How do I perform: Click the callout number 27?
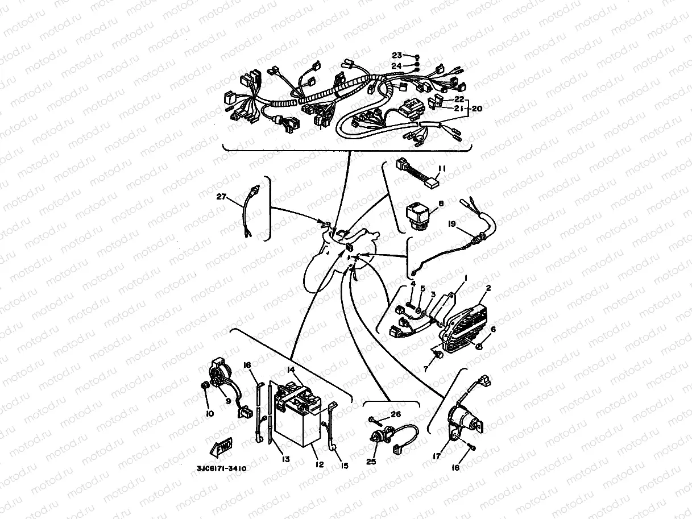click(221, 197)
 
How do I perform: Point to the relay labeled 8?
click(418, 214)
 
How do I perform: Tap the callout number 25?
click(371, 462)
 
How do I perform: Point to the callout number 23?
click(396, 55)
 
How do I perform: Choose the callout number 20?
click(476, 108)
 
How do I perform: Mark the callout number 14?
click(291, 370)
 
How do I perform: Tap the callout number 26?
click(396, 414)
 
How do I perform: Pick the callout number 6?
click(492, 329)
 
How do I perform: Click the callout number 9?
click(228, 401)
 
